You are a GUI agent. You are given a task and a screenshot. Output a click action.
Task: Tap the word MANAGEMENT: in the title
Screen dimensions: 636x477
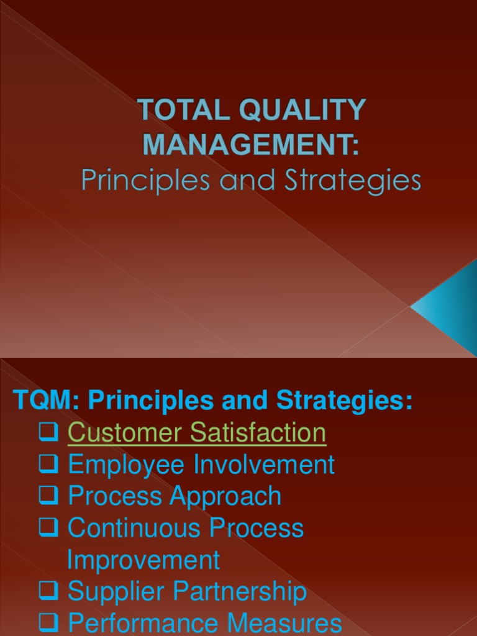coord(252,145)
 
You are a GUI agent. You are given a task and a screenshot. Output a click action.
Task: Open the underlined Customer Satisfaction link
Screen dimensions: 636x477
coord(197,433)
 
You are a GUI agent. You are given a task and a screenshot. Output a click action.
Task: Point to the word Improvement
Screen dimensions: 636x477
coord(143,560)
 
